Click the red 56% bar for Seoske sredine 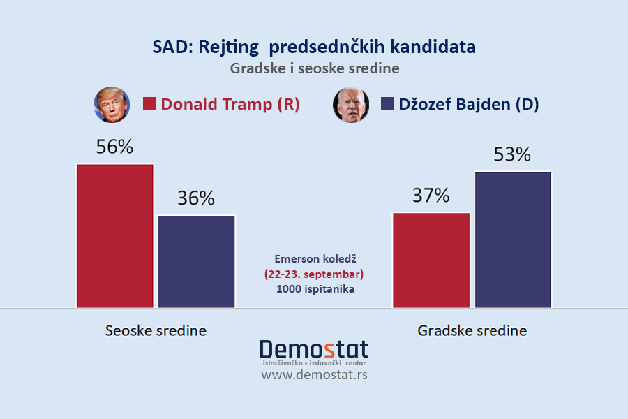tap(115, 235)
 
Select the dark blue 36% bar tap(197, 261)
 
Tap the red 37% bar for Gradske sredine tap(431, 260)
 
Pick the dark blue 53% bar tap(513, 239)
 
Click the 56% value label tap(115, 147)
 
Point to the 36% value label tap(197, 198)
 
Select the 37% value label tap(431, 196)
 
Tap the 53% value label tap(513, 154)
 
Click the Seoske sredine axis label tap(156, 330)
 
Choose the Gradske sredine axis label tap(472, 330)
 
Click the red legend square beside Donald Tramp tap(149, 104)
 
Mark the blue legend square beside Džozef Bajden tap(387, 104)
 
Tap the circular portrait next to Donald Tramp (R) tap(112, 105)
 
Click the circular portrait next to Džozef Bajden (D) tap(351, 105)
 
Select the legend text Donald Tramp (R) tap(230, 104)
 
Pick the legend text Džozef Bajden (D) tap(469, 104)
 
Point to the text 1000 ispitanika tap(314, 288)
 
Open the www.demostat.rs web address tap(314, 375)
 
